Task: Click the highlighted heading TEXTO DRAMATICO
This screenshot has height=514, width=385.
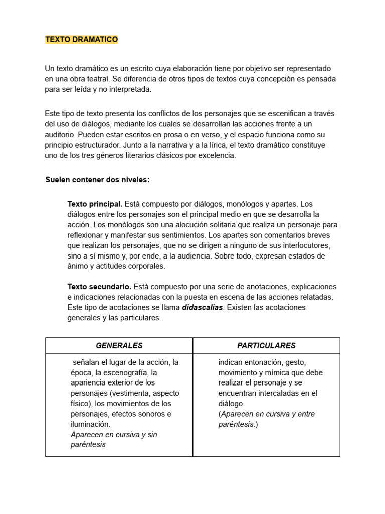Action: pos(81,40)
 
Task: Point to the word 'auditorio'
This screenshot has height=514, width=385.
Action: pos(60,134)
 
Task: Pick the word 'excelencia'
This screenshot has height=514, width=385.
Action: pos(216,156)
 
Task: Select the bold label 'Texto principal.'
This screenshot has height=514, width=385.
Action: pos(95,204)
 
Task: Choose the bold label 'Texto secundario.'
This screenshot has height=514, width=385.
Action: pos(99,287)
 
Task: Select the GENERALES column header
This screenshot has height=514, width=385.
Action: pos(119,345)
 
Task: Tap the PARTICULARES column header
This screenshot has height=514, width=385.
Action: pos(266,345)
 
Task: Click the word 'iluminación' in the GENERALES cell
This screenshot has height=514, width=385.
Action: pos(90,424)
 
